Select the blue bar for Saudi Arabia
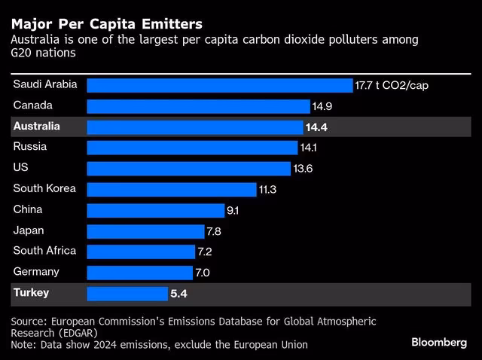click(219, 85)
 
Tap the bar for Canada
click(198, 106)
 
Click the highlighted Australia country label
click(36, 127)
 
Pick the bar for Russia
click(192, 148)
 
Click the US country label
click(21, 168)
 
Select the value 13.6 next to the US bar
click(304, 169)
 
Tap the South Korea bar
click(172, 189)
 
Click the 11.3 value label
click(268, 190)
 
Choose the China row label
click(28, 209)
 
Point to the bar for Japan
click(145, 230)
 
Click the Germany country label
click(36, 271)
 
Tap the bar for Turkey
click(127, 293)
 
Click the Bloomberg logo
click(439, 343)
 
